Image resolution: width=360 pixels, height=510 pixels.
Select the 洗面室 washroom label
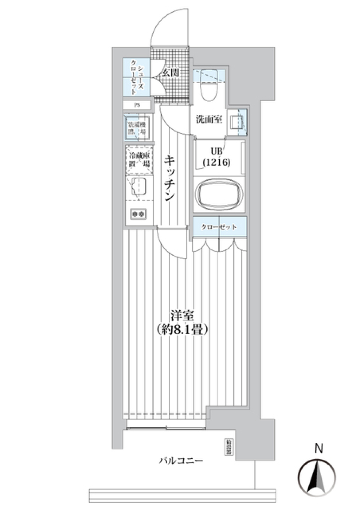tap(209, 120)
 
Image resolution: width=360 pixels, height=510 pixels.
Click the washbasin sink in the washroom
tap(236, 122)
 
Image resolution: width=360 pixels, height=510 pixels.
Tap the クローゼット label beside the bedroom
tap(219, 227)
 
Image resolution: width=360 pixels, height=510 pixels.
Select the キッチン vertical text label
tap(170, 179)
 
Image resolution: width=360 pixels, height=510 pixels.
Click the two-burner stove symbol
tap(138, 214)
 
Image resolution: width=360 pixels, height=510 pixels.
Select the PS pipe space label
tap(137, 105)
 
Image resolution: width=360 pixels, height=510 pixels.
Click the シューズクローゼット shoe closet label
tap(136, 79)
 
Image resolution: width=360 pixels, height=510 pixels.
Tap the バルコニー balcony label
tap(181, 460)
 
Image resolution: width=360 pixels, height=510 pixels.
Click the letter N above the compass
tap(318, 448)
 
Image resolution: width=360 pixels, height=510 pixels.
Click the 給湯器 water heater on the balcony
tap(228, 447)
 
